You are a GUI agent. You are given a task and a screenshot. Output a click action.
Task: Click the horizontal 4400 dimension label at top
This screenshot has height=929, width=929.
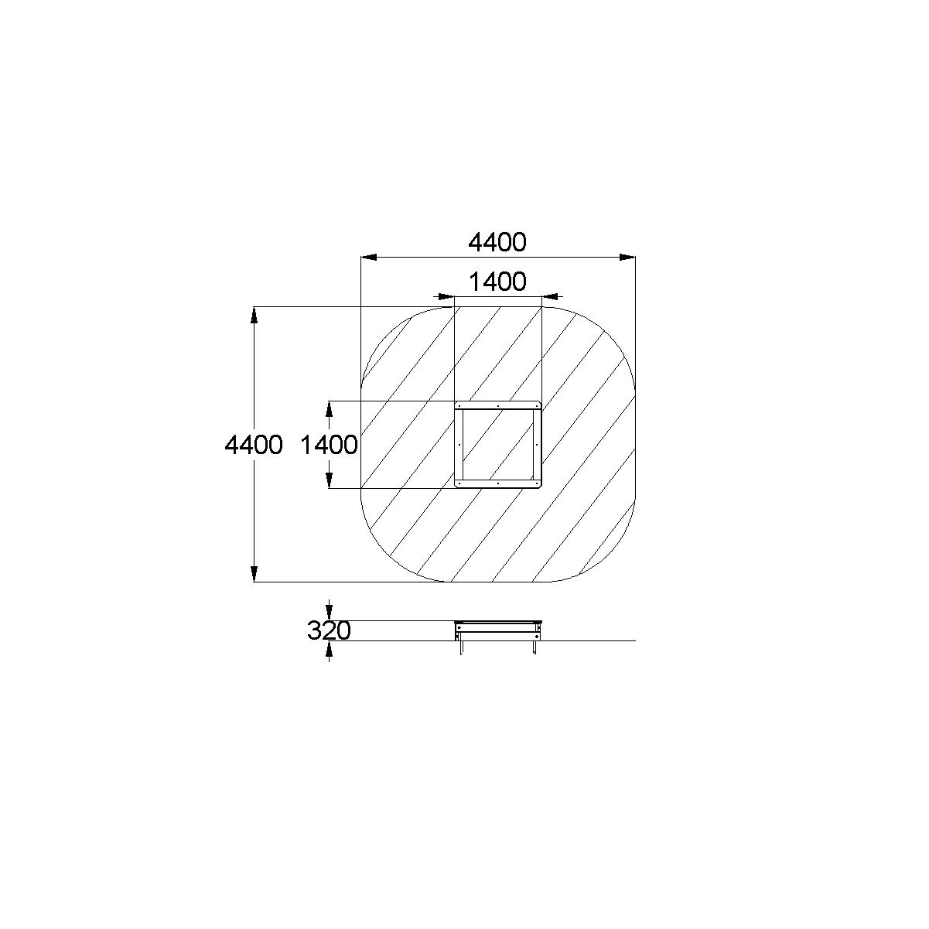point(497,242)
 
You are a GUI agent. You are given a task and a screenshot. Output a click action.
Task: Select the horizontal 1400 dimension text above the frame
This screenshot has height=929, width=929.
point(497,282)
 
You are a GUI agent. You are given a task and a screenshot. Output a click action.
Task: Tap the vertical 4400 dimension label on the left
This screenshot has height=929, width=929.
point(254,445)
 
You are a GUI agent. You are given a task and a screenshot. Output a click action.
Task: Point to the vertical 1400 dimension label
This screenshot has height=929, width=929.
point(329,445)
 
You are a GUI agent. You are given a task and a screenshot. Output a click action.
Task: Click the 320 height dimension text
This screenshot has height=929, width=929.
point(329,630)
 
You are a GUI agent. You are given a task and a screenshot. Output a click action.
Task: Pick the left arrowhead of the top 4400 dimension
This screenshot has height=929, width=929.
point(369,258)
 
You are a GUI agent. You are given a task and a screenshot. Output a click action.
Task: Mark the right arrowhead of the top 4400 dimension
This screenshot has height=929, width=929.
point(627,258)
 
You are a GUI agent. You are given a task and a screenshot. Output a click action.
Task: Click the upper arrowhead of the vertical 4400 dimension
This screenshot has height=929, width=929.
point(254,314)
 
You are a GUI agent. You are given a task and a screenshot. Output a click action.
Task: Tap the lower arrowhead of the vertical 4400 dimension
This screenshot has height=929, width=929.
point(254,574)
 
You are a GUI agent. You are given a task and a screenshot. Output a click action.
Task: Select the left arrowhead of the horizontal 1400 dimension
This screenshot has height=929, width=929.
point(446,296)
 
